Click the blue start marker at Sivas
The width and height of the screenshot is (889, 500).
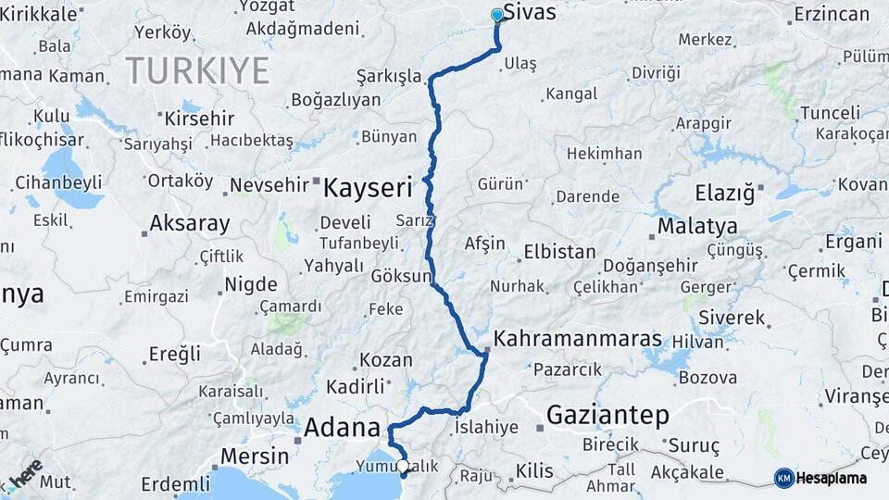point(497,15)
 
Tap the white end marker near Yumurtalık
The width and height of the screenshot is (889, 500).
point(402,466)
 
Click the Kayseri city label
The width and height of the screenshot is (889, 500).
point(367,189)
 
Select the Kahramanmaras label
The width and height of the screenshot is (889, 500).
point(578,339)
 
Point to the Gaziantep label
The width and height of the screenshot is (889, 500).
point(607,416)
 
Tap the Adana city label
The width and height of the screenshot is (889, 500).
point(343,428)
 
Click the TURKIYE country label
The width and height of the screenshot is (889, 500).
point(197,70)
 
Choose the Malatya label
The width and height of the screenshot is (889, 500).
point(697,226)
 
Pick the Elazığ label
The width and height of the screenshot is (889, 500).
point(726,194)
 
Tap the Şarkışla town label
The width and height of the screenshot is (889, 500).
point(389,77)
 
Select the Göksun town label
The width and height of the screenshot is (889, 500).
point(401,276)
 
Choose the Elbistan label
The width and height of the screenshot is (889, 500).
point(559,251)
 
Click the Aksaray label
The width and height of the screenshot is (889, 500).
point(190,223)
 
